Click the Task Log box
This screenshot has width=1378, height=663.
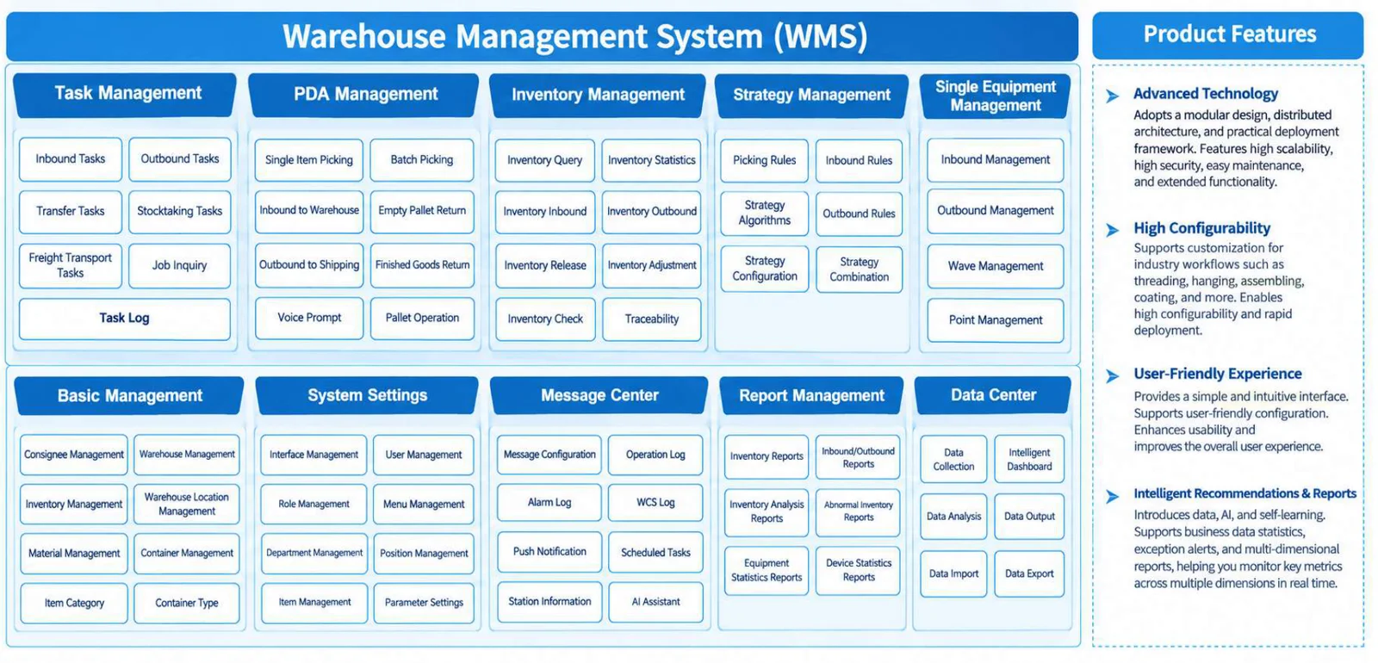click(x=125, y=319)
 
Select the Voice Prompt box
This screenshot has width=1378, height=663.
click(x=309, y=318)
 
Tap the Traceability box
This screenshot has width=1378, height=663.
click(x=651, y=319)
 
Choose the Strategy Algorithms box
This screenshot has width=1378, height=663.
click(x=764, y=213)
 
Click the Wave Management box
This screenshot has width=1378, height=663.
click(x=996, y=266)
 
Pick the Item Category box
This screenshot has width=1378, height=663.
click(x=74, y=604)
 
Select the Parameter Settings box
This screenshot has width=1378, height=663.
click(x=424, y=603)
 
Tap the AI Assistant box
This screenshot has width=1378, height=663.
click(x=655, y=602)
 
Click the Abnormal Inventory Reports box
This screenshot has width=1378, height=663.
click(x=858, y=511)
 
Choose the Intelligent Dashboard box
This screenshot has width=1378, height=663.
click(x=1029, y=460)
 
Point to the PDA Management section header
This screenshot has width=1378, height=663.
click(x=364, y=95)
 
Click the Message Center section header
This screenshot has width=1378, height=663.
click(x=599, y=395)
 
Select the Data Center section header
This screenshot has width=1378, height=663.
click(x=993, y=395)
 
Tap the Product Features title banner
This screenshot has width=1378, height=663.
click(x=1228, y=34)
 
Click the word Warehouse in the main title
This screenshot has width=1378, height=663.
click(x=363, y=36)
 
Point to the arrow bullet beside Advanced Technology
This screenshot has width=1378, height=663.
click(x=1112, y=96)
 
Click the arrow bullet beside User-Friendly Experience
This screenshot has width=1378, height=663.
click(x=1112, y=375)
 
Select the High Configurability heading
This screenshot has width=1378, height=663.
click(x=1202, y=228)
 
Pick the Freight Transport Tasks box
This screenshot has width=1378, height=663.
click(x=70, y=266)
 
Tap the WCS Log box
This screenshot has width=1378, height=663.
click(x=655, y=503)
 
